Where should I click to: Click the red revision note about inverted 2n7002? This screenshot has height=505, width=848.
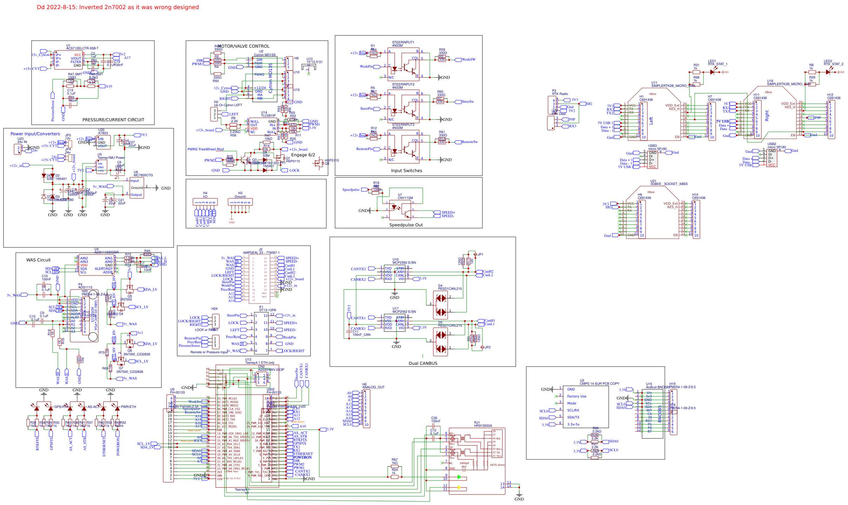118,7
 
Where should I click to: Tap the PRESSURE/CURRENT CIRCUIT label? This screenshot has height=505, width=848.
113,120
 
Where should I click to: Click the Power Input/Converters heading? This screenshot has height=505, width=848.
35,134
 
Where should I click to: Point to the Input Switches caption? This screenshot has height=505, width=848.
406,171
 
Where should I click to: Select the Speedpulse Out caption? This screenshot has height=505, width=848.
406,225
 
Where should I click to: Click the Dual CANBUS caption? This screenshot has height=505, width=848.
423,363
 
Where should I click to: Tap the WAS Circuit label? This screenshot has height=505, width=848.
38,260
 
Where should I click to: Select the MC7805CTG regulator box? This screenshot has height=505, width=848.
136,188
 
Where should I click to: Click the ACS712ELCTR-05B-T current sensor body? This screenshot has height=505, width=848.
68,60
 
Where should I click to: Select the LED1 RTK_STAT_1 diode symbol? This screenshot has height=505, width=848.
712,72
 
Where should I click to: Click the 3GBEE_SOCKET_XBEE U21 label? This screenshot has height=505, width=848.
669,184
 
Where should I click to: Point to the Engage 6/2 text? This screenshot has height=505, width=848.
303,155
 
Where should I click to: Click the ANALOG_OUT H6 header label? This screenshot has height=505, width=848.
373,387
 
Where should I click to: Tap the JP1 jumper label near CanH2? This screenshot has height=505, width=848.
480,254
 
